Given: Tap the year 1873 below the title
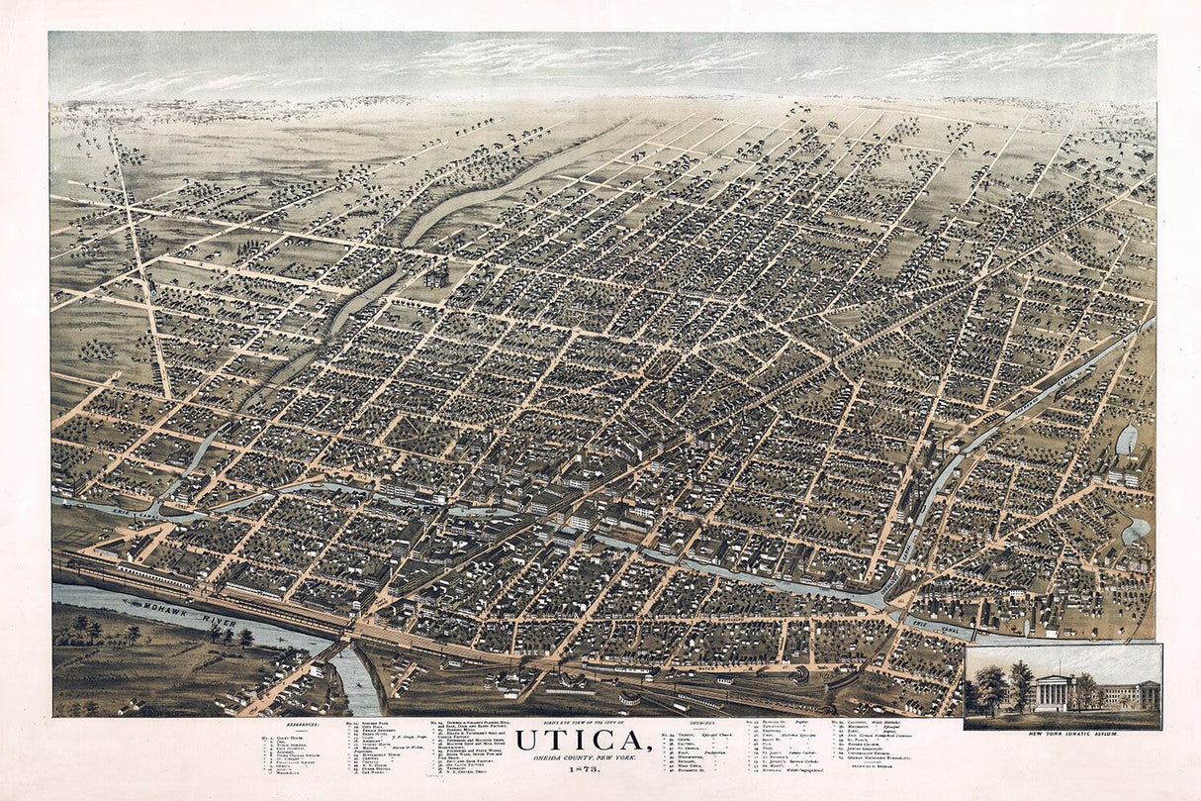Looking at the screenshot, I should (x=600, y=768).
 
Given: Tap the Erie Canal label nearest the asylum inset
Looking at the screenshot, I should (x=938, y=625).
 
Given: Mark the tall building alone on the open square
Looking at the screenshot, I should (x=436, y=274).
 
